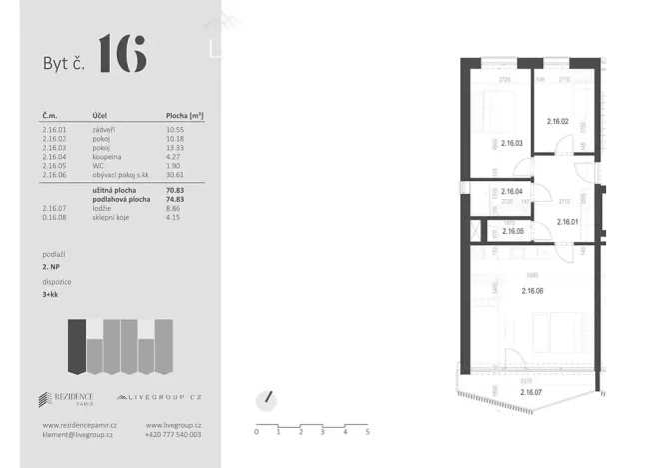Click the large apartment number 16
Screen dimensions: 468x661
[x=122, y=54]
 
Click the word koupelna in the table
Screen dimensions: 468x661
[x=107, y=157]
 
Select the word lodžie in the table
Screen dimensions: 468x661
[x=102, y=208]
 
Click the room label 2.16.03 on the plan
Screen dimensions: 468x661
[x=512, y=142]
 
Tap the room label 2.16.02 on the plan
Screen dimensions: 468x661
[x=557, y=122]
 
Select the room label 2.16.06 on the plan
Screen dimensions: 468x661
[x=533, y=291]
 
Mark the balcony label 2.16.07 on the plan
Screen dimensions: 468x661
[x=532, y=392]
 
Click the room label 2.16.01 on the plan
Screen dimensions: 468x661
[x=568, y=222]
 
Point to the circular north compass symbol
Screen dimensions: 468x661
[x=266, y=398]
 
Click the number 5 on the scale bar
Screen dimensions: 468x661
[x=367, y=432]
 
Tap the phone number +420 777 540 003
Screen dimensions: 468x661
[x=173, y=435]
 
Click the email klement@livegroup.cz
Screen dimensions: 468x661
[x=72, y=435]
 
